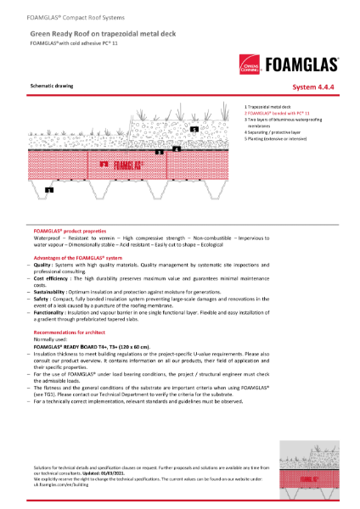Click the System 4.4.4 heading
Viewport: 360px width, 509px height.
[315, 87]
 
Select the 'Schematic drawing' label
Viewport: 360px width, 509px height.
[50, 87]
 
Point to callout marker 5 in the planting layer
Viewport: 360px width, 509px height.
[194, 129]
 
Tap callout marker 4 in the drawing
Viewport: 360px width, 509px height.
[176, 148]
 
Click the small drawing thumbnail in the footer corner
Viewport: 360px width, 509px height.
[323, 470]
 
